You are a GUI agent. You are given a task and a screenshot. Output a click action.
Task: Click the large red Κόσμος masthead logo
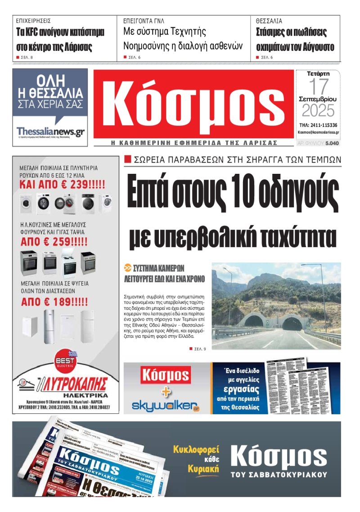[193, 104]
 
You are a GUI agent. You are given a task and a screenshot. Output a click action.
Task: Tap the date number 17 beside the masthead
[318, 86]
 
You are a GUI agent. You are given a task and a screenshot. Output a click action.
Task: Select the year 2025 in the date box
[318, 110]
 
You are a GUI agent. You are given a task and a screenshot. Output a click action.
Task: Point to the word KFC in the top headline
[36, 33]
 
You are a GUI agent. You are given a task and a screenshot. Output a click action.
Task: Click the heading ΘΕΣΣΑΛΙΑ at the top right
[269, 21]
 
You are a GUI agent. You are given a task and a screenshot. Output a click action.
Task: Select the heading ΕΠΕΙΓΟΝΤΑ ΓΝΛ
[144, 21]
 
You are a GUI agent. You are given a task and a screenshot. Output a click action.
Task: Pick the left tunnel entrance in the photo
[254, 321]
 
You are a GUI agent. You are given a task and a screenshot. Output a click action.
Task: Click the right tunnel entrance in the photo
[292, 322]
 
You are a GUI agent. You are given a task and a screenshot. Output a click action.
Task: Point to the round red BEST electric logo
[65, 360]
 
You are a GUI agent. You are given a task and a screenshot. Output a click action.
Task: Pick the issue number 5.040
[332, 143]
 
